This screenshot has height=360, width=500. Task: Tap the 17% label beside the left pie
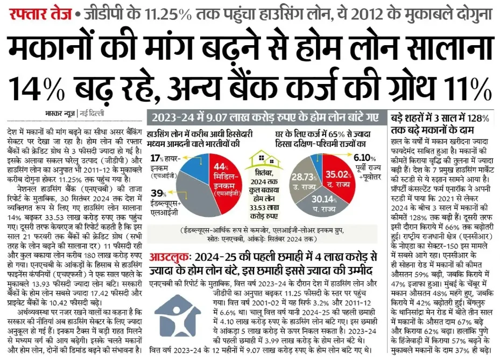(x=157, y=159)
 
